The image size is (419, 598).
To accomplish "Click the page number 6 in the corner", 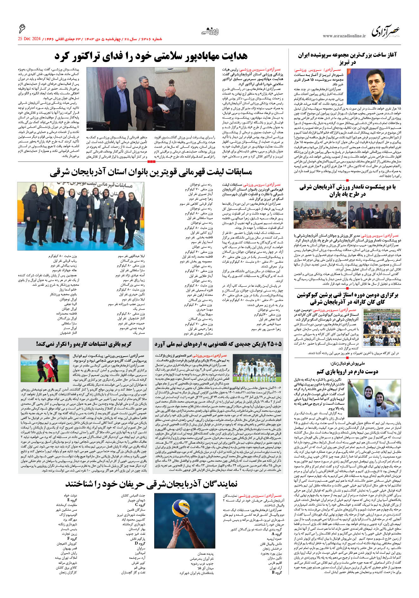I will (x=22, y=29).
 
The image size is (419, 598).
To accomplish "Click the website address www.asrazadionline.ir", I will (x=344, y=36).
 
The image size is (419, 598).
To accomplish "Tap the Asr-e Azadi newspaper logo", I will (x=385, y=32).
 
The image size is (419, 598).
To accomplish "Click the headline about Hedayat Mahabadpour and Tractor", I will (x=151, y=56).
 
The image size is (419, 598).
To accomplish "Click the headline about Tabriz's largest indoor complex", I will (x=347, y=59).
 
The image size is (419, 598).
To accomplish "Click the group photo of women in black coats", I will (x=80, y=212).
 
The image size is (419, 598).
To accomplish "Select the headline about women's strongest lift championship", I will (x=151, y=172).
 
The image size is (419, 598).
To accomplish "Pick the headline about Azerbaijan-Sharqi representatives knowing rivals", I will (x=151, y=484).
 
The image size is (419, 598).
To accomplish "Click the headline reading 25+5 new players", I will (x=218, y=344).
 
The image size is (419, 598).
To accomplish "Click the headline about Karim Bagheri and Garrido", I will (x=84, y=344).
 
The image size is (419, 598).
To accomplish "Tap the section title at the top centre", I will (x=210, y=32).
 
